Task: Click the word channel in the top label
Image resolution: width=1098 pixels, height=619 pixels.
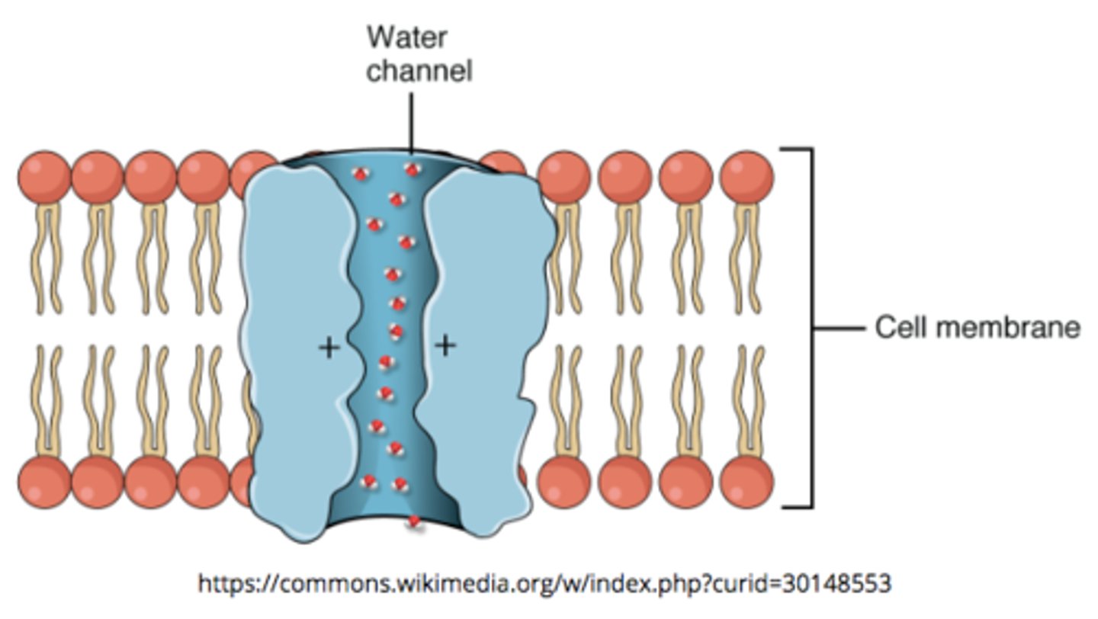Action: (x=419, y=70)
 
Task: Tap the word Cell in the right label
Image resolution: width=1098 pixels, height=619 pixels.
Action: (x=901, y=328)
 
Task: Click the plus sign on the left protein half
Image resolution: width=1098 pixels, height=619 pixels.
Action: (x=329, y=348)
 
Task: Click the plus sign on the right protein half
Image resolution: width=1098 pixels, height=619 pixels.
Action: (x=445, y=345)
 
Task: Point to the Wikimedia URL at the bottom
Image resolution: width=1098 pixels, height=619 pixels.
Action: (x=544, y=584)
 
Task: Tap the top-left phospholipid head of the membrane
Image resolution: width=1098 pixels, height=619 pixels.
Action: (x=44, y=177)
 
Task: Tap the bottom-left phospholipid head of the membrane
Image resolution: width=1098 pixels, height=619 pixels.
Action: (x=44, y=483)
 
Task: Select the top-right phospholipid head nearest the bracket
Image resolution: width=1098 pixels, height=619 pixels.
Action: (x=746, y=177)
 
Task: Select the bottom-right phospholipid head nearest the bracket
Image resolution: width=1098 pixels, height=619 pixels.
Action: (x=746, y=483)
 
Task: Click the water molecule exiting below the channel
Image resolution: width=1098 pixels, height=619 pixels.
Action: (x=414, y=523)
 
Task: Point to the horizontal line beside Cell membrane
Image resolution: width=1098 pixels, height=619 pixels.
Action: (x=839, y=329)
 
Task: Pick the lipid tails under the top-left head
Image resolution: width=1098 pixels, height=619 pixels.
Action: (x=44, y=255)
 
